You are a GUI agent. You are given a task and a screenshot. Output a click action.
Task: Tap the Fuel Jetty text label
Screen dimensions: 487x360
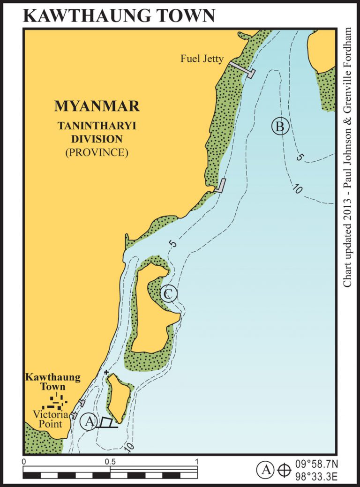202,59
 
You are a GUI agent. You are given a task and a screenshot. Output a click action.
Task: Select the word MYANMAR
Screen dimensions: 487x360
97,106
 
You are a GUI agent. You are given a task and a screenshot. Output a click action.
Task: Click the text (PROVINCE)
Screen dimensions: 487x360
97,152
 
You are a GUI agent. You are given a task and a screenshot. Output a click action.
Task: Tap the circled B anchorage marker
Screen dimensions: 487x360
280,126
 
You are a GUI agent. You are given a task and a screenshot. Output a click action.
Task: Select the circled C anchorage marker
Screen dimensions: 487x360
168,294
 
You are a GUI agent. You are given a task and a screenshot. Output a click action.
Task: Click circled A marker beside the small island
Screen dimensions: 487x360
89,421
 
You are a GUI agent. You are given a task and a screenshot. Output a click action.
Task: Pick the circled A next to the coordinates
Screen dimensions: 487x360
265,469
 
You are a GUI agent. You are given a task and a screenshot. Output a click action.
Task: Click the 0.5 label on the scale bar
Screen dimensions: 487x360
110,461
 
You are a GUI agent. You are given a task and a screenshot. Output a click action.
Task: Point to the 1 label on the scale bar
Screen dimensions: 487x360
196,461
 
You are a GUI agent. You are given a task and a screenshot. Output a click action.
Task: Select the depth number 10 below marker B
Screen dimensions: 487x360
296,189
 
